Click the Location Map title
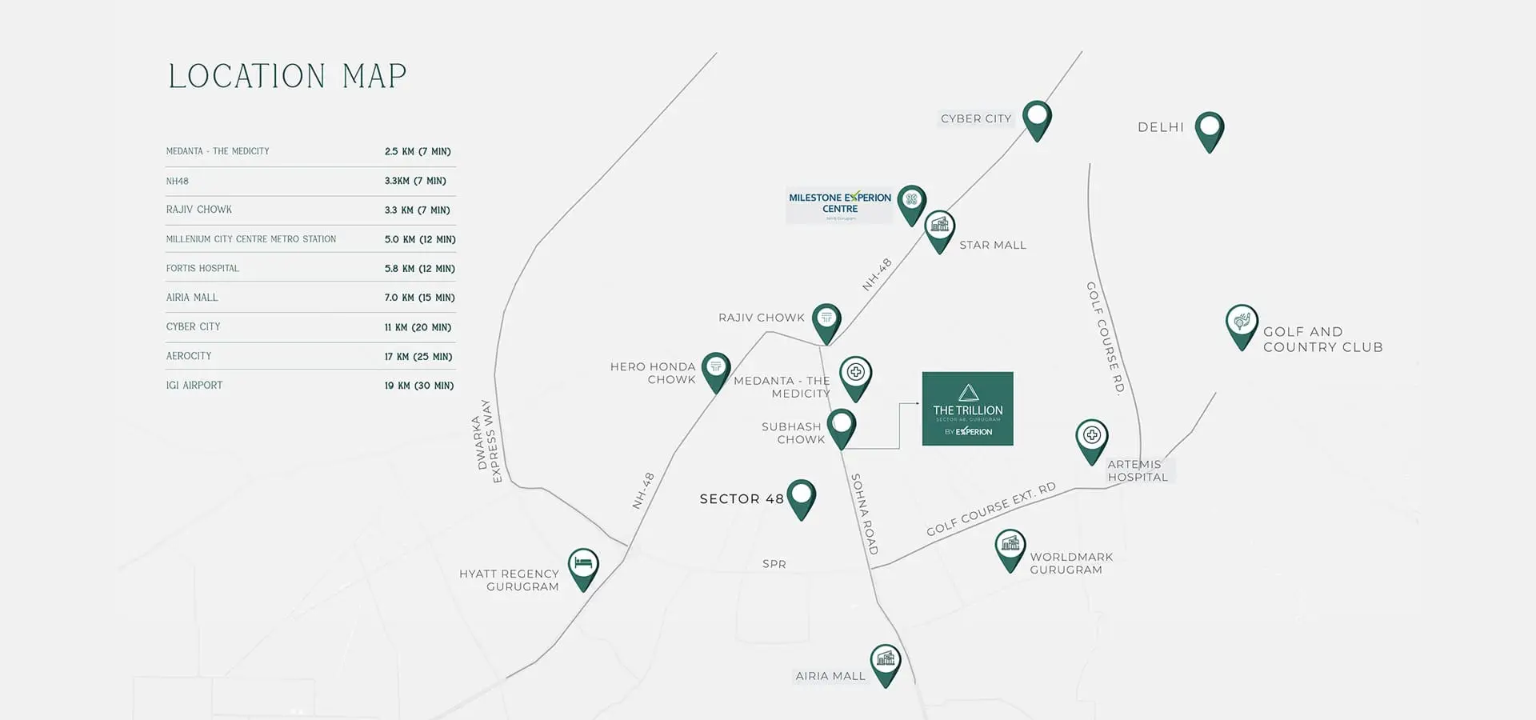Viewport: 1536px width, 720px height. click(287, 77)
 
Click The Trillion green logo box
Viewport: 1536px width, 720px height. click(967, 409)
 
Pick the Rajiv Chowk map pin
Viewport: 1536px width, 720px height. click(826, 320)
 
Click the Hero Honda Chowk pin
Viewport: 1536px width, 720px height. click(716, 370)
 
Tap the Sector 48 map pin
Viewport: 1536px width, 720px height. click(801, 496)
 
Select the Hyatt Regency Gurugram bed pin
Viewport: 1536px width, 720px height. click(583, 566)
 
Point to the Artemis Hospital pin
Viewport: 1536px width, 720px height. click(1092, 438)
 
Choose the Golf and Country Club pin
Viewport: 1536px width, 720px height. click(1242, 323)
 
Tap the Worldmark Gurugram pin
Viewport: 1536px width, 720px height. click(1010, 547)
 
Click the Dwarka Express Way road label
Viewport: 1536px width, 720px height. click(486, 442)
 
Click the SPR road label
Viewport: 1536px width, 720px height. click(774, 564)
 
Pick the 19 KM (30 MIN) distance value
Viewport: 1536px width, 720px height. click(418, 386)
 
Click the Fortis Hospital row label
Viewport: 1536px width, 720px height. click(202, 269)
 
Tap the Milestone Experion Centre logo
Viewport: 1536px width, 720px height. click(839, 204)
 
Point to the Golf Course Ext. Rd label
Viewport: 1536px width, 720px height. click(990, 510)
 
